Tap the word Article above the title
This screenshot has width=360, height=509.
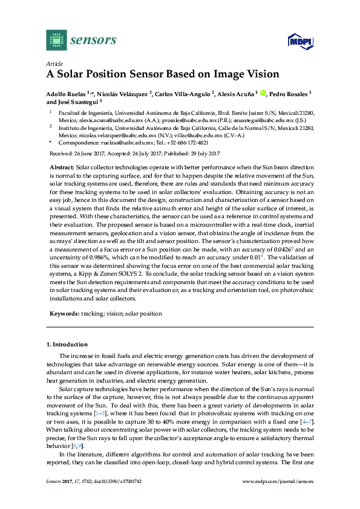coord(54,63)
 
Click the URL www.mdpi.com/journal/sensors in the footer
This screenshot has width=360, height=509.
coord(278,498)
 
